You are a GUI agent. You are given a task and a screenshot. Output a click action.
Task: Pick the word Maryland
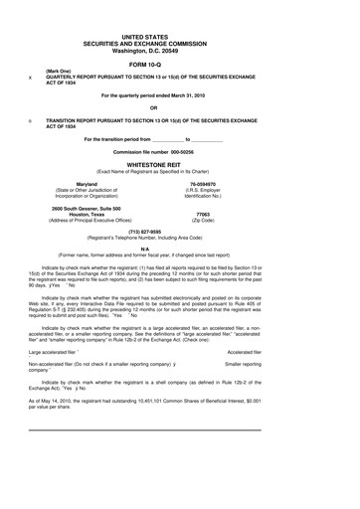(x=88, y=184)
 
